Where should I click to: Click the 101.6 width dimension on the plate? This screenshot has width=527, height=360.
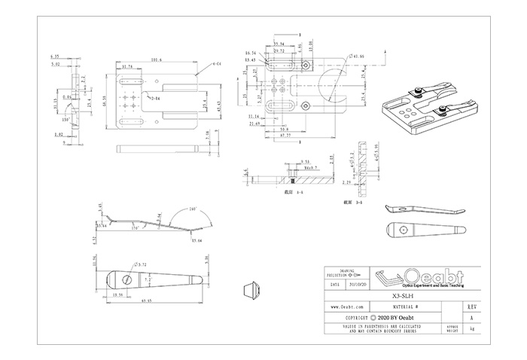pyautogui.click(x=156, y=60)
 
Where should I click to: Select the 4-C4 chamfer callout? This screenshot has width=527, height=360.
pyautogui.click(x=217, y=65)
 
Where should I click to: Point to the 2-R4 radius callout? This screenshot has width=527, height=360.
pyautogui.click(x=156, y=99)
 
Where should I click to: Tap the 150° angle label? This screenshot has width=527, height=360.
pyautogui.click(x=66, y=119)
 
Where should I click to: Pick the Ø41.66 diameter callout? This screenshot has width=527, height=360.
pyautogui.click(x=358, y=56)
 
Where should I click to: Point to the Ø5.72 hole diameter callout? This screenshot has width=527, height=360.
pyautogui.click(x=141, y=264)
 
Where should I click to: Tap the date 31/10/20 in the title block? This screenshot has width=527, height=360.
pyautogui.click(x=358, y=287)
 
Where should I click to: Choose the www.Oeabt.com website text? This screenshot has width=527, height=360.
pyautogui.click(x=349, y=308)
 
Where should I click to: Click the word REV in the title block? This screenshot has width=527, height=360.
pyautogui.click(x=471, y=308)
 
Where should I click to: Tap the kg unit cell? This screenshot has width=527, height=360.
pyautogui.click(x=471, y=329)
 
